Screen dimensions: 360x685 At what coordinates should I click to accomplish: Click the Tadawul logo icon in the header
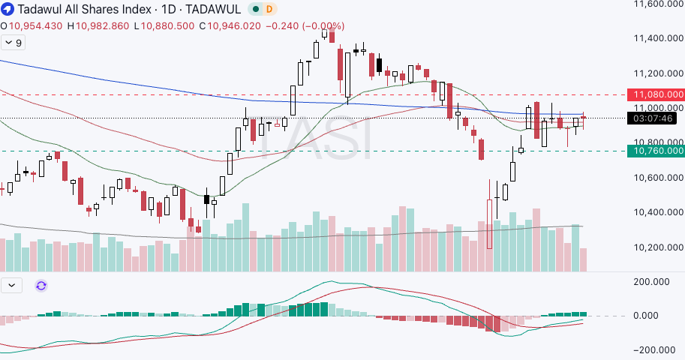[x=8, y=9]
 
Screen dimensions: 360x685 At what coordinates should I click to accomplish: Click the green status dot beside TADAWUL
[x=256, y=9]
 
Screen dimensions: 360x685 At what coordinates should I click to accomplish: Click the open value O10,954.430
[x=32, y=25]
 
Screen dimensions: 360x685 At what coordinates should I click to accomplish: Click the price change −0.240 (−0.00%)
[x=305, y=25]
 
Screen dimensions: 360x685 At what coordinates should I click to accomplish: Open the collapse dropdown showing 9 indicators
[x=14, y=43]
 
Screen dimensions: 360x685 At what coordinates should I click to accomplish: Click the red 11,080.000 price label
[x=658, y=94]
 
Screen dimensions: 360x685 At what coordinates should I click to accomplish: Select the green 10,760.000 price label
[x=658, y=151]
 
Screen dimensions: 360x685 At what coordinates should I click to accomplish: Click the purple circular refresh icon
[x=41, y=286]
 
